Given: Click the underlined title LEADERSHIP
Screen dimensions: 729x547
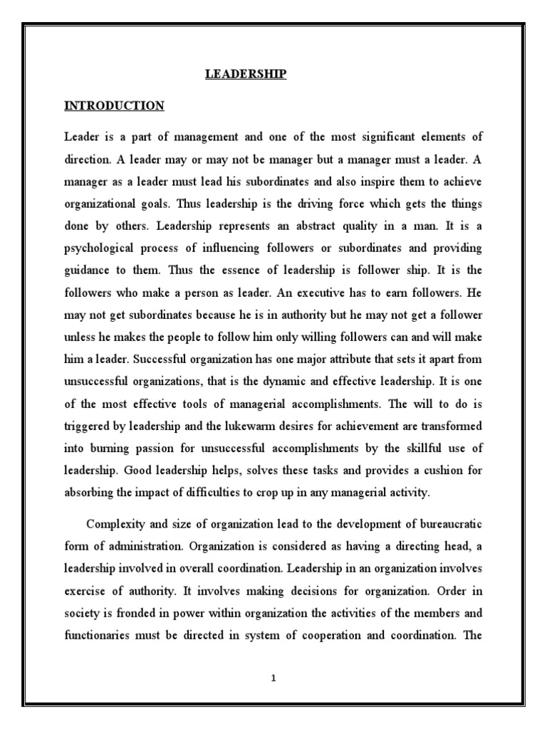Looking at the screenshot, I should [x=246, y=74].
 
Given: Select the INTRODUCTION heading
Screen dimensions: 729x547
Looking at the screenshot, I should [x=114, y=106].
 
